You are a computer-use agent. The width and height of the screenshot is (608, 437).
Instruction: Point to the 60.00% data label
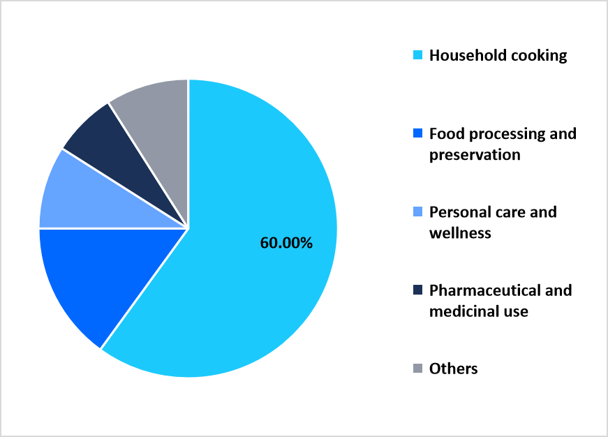click(286, 243)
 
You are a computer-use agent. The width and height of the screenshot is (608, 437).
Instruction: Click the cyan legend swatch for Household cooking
click(417, 55)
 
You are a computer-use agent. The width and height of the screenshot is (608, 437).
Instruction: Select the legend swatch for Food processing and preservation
click(417, 133)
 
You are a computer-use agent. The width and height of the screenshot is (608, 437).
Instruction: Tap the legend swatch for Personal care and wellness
click(417, 212)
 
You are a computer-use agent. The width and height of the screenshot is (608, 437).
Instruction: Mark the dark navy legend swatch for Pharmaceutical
click(417, 290)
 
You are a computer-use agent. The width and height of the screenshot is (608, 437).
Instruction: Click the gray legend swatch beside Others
click(417, 368)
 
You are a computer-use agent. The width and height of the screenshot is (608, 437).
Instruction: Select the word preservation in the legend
click(475, 155)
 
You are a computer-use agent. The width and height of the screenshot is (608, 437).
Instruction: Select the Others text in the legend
click(454, 369)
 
